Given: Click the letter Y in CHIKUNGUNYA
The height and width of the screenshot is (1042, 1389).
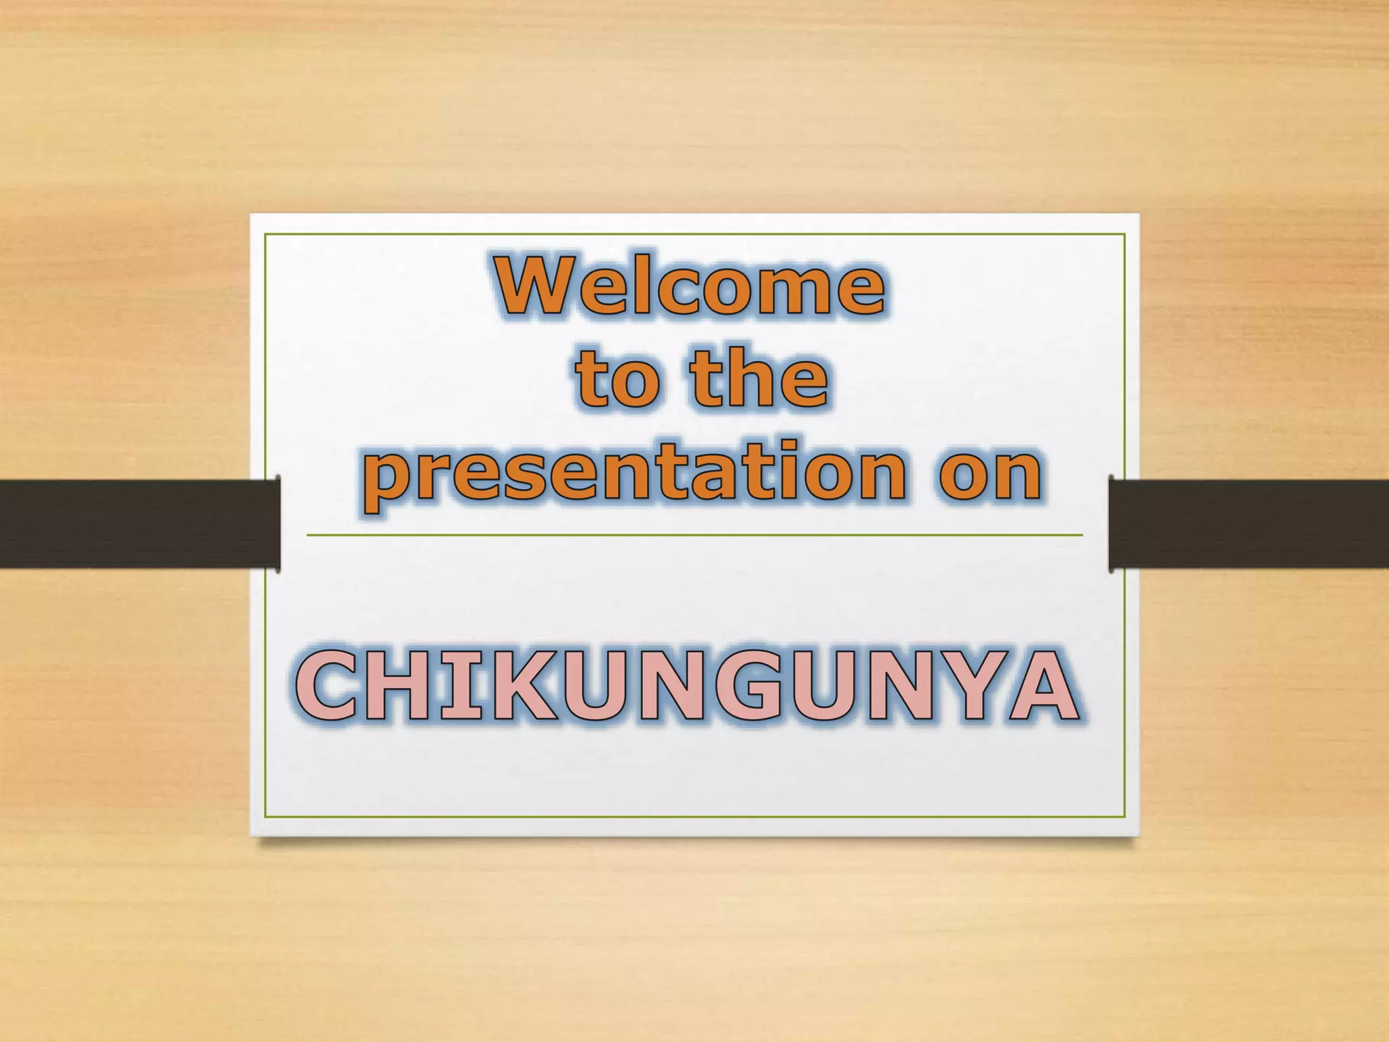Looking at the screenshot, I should coord(971,685).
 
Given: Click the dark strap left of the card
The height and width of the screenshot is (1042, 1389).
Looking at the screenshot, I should coord(136,524).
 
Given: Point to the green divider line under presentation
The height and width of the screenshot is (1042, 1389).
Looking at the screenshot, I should coord(694,535).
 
